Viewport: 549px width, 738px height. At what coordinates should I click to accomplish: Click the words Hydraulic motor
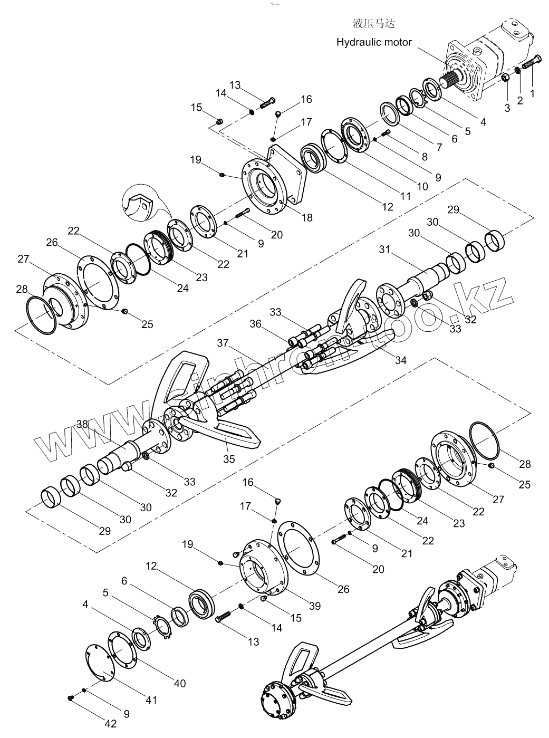click(374, 42)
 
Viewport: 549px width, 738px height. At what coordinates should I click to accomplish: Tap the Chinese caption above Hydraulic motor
click(374, 24)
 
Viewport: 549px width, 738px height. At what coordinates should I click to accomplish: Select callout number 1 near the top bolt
click(532, 93)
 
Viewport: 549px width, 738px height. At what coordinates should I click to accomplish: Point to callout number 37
click(223, 343)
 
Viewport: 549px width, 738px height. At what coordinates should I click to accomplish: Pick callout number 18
click(307, 218)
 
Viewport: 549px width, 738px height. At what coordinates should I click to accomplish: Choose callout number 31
click(384, 249)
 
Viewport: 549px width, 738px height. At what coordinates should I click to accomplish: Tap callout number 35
click(229, 459)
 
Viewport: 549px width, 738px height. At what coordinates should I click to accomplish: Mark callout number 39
click(315, 606)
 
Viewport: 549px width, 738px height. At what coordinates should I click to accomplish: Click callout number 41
click(151, 700)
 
